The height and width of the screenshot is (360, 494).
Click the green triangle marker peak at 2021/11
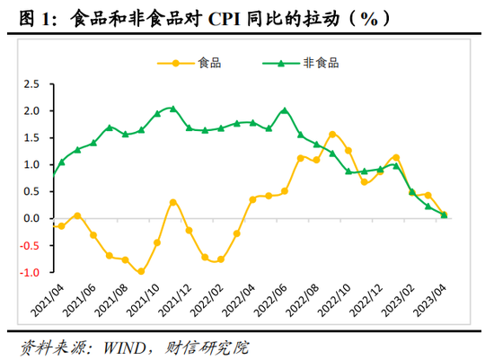173,109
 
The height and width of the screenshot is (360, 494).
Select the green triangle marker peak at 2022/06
285,110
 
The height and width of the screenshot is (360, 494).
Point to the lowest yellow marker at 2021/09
141,272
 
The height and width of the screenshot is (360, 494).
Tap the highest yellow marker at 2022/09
332,135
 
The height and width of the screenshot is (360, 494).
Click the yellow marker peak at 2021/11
173,202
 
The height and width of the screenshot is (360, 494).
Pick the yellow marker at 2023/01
396,157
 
